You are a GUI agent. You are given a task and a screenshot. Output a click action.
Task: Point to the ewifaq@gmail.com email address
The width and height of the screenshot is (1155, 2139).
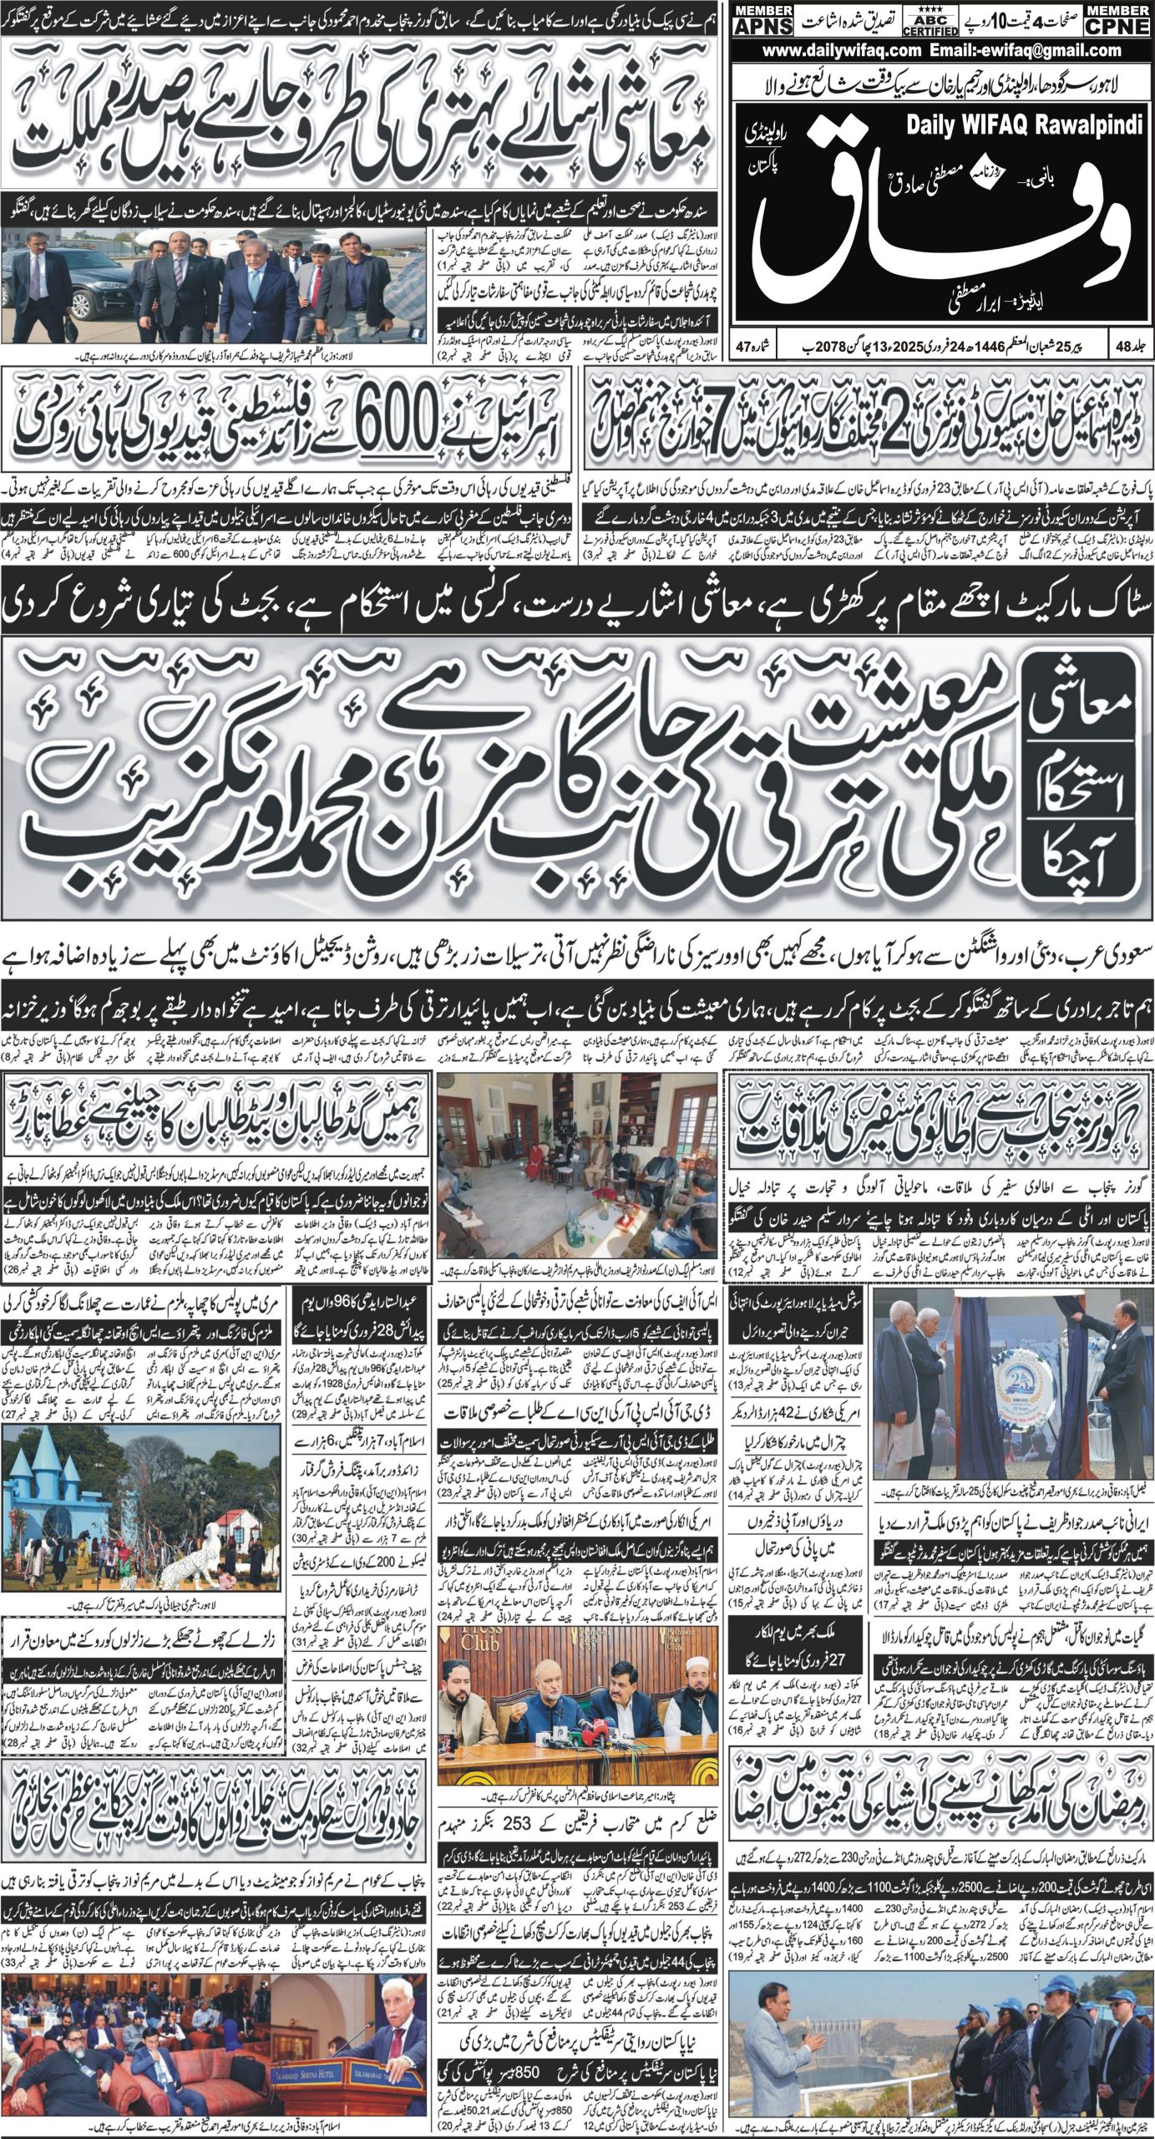[1014, 51]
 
